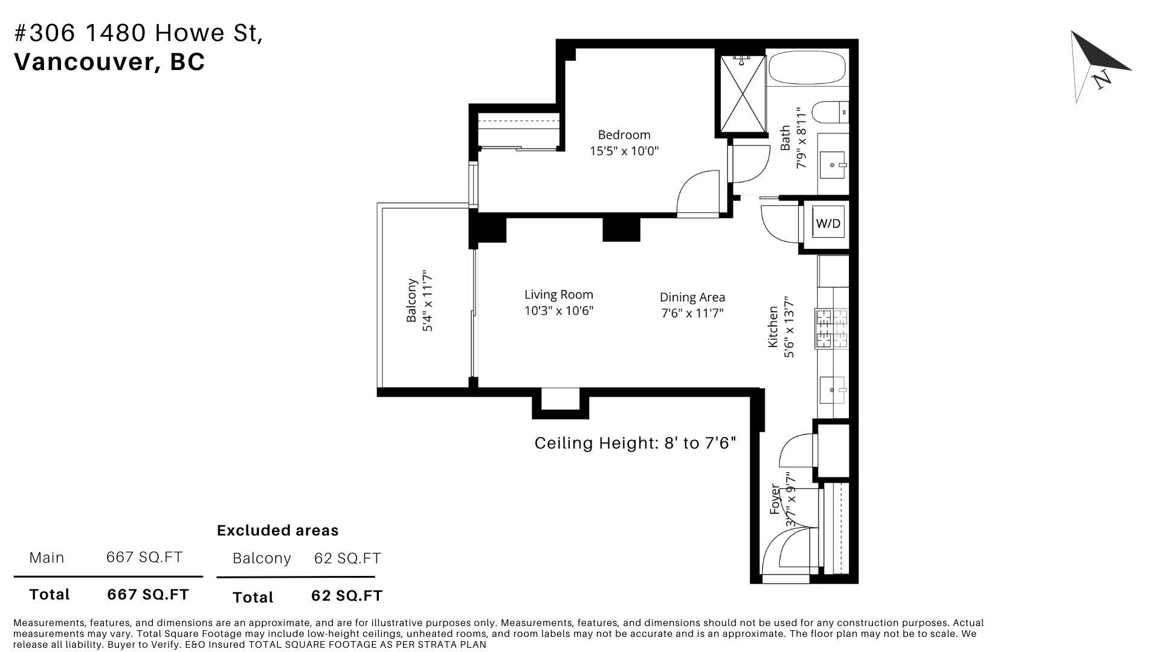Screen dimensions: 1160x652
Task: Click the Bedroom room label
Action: pos(624,135)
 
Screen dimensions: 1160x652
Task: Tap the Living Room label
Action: pos(559,295)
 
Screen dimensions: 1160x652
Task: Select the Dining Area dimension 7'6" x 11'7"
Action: pos(692,313)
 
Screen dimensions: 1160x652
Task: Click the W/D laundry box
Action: pos(828,223)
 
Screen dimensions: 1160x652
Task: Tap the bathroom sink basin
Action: pos(833,164)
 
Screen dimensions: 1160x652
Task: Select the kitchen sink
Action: pos(834,390)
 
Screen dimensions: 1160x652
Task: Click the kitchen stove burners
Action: pos(832,329)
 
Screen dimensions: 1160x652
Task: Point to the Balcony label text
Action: pos(412,300)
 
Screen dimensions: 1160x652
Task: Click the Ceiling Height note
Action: pos(636,443)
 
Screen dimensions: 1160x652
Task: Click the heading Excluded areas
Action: pos(278,530)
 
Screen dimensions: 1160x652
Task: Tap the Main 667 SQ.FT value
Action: pos(144,557)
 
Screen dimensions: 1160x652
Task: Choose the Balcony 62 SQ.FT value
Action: pos(347,558)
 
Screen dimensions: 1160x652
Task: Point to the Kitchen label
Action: pos(773,327)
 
